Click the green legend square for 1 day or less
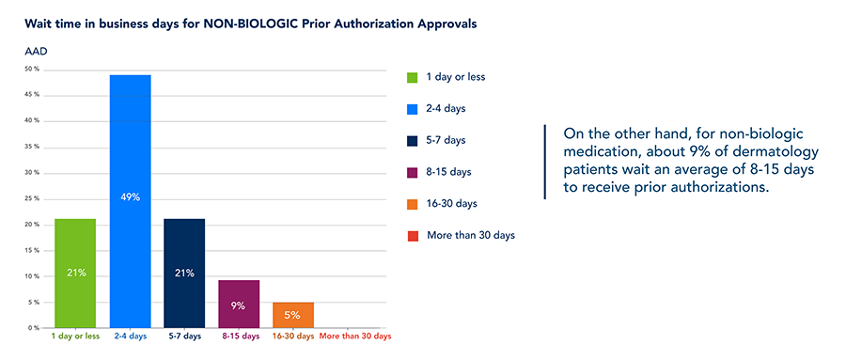pos(413,76)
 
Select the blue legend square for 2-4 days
pos(413,108)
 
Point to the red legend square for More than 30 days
pos(413,235)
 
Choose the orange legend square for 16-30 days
pos(413,203)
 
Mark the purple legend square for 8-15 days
pos(413,172)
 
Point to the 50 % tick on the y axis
pos(31,69)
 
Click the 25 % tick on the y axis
pos(31,198)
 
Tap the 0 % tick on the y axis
pos(33,328)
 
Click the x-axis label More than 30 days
pos(355,337)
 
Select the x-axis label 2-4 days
pos(131,337)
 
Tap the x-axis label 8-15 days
pos(239,337)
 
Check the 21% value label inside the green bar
pos(76,273)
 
